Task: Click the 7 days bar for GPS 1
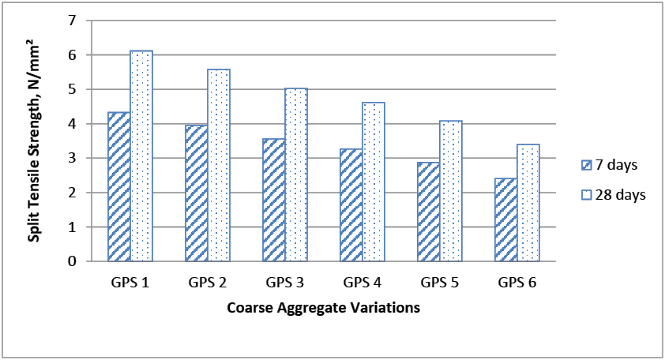click(119, 186)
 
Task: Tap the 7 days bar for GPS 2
click(197, 193)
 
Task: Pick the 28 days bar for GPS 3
click(296, 174)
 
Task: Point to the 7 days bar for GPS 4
click(351, 204)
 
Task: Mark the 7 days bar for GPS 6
click(506, 219)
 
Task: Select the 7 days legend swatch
click(587, 166)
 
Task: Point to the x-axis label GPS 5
click(440, 282)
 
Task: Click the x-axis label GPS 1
click(130, 282)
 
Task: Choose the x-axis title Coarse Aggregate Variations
click(323, 308)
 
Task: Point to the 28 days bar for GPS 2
click(219, 165)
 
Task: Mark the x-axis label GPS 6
click(517, 282)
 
